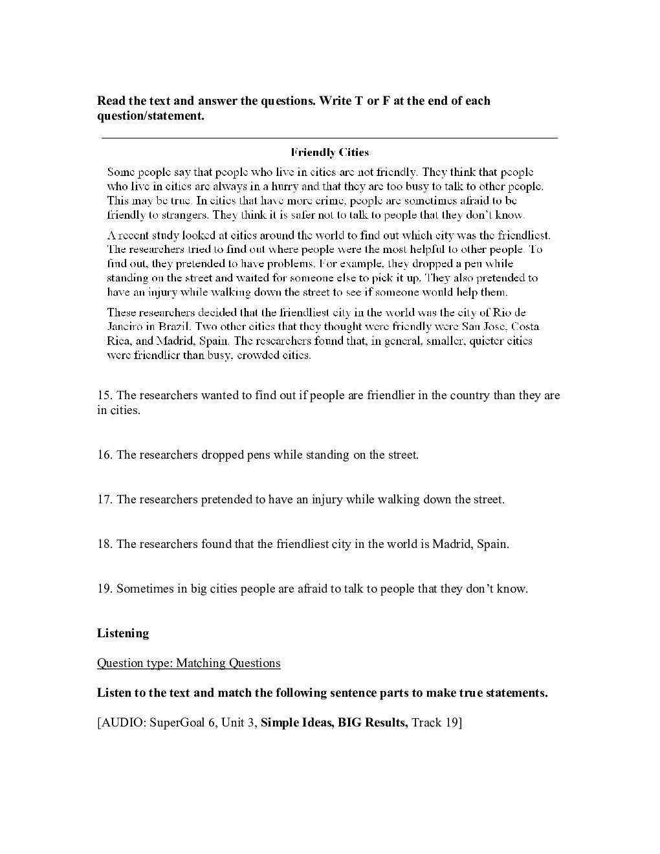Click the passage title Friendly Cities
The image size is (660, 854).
(330, 153)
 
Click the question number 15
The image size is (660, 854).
(104, 395)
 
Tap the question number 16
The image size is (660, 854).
(104, 455)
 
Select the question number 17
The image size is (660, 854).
(104, 499)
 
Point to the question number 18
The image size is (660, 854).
(104, 544)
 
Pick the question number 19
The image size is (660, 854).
(104, 589)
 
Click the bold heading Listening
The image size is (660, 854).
(123, 633)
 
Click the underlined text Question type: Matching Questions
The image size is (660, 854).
(189, 663)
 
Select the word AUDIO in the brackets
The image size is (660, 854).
(124, 723)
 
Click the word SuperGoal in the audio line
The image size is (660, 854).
(177, 723)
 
